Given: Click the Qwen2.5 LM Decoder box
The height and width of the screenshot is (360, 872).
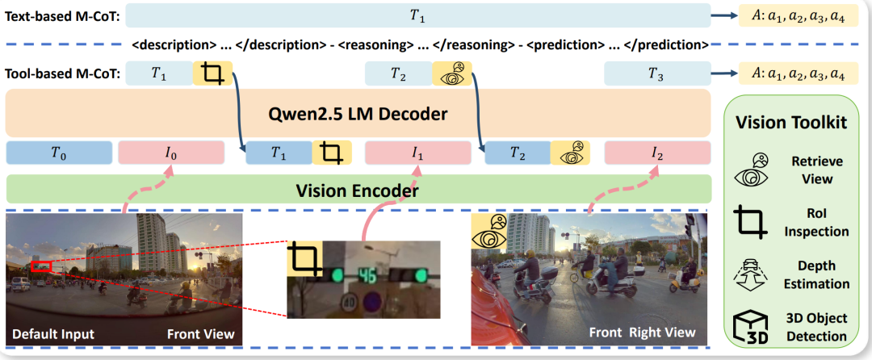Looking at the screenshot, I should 358,114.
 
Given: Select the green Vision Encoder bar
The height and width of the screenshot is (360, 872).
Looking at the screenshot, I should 358,191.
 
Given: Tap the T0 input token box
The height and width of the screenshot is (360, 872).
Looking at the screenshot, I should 58,153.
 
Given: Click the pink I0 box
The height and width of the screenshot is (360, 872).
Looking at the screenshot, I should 170,153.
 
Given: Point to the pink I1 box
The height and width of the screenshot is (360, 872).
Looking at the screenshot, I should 417,153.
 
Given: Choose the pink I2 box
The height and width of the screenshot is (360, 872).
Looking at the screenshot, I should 656,153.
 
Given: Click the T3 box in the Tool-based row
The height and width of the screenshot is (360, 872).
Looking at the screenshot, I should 656,74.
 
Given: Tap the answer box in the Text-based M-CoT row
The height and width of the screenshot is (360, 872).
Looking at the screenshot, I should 803,15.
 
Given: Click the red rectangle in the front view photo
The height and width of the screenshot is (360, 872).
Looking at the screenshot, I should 41,266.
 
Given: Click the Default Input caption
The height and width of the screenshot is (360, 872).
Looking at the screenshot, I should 53,333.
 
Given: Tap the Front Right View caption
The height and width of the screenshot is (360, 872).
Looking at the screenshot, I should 642,333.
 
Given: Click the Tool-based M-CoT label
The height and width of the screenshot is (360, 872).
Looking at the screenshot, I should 62,74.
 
